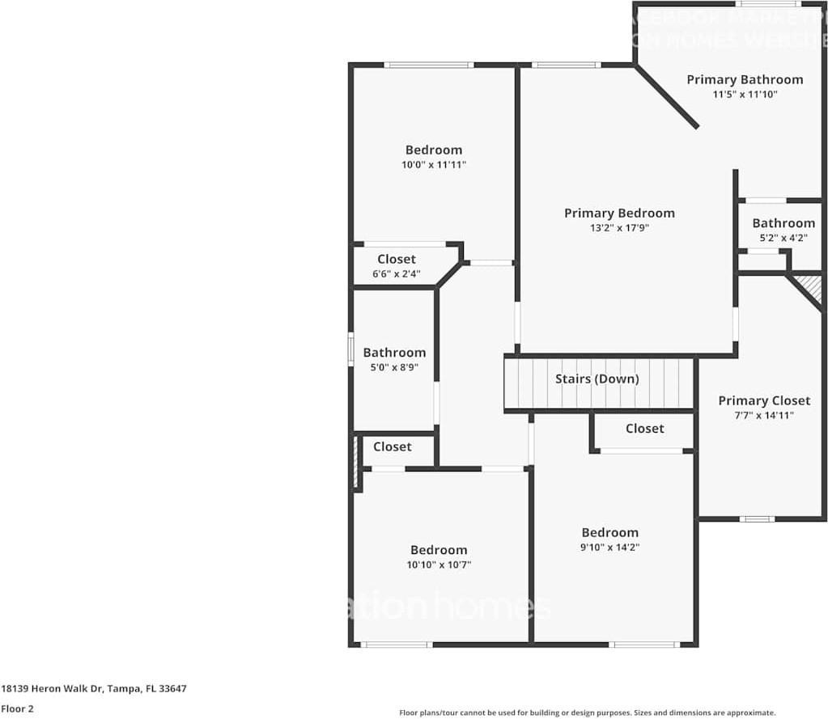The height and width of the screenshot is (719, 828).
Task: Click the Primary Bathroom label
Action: [745, 79]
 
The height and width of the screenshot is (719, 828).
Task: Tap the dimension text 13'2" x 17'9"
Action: [619, 228]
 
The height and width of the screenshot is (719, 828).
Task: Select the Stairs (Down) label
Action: [597, 379]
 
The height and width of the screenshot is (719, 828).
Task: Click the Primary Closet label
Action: [764, 400]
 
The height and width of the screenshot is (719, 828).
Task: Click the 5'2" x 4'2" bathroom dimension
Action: [783, 238]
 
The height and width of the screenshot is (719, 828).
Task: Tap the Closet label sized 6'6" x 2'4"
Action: [397, 259]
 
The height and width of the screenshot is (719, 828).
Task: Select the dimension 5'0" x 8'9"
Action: [394, 367]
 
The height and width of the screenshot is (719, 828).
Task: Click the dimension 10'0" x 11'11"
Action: [434, 164]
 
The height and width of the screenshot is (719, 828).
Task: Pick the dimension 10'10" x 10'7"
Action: [439, 565]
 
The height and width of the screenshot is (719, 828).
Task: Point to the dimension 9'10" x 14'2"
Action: [609, 547]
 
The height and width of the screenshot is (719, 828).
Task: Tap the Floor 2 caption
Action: [17, 708]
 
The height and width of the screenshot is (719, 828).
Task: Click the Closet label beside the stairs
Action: [644, 429]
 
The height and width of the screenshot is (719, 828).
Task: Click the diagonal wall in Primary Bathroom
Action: [667, 97]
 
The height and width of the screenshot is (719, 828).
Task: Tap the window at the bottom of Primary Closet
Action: [757, 518]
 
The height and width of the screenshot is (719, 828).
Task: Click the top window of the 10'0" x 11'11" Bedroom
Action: [428, 65]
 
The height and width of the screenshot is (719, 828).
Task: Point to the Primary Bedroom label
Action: [619, 214]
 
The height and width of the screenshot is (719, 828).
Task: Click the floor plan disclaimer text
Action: [587, 713]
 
